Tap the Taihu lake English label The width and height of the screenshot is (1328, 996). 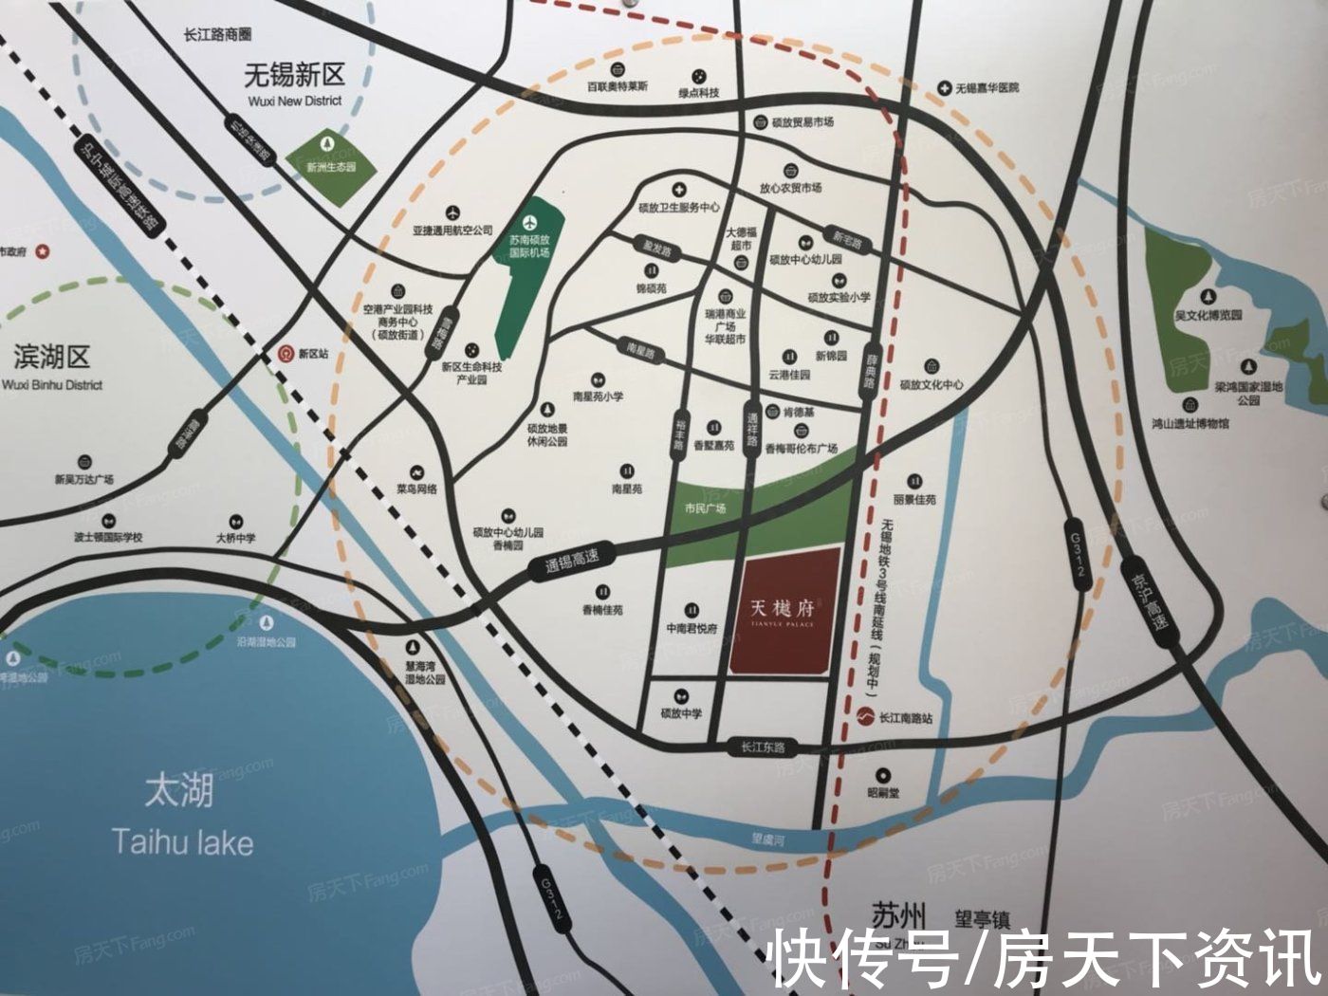[182, 841]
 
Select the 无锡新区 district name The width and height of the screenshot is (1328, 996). [294, 74]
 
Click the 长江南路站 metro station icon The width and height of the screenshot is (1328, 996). [864, 717]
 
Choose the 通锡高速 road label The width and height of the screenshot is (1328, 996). [571, 562]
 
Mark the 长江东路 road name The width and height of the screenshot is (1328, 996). [764, 747]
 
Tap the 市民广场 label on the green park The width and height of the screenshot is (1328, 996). [705, 508]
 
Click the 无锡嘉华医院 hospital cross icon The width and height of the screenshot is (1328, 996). [944, 87]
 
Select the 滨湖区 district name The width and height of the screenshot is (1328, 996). [52, 358]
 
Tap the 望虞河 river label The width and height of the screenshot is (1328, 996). [766, 839]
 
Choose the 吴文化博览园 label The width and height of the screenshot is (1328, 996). [1208, 314]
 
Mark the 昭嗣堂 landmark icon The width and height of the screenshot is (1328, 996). [883, 775]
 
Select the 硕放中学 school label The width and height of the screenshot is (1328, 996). [681, 713]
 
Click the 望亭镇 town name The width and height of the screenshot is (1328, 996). [982, 918]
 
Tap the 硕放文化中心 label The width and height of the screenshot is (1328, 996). [931, 384]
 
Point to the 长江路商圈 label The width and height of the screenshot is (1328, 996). [217, 34]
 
